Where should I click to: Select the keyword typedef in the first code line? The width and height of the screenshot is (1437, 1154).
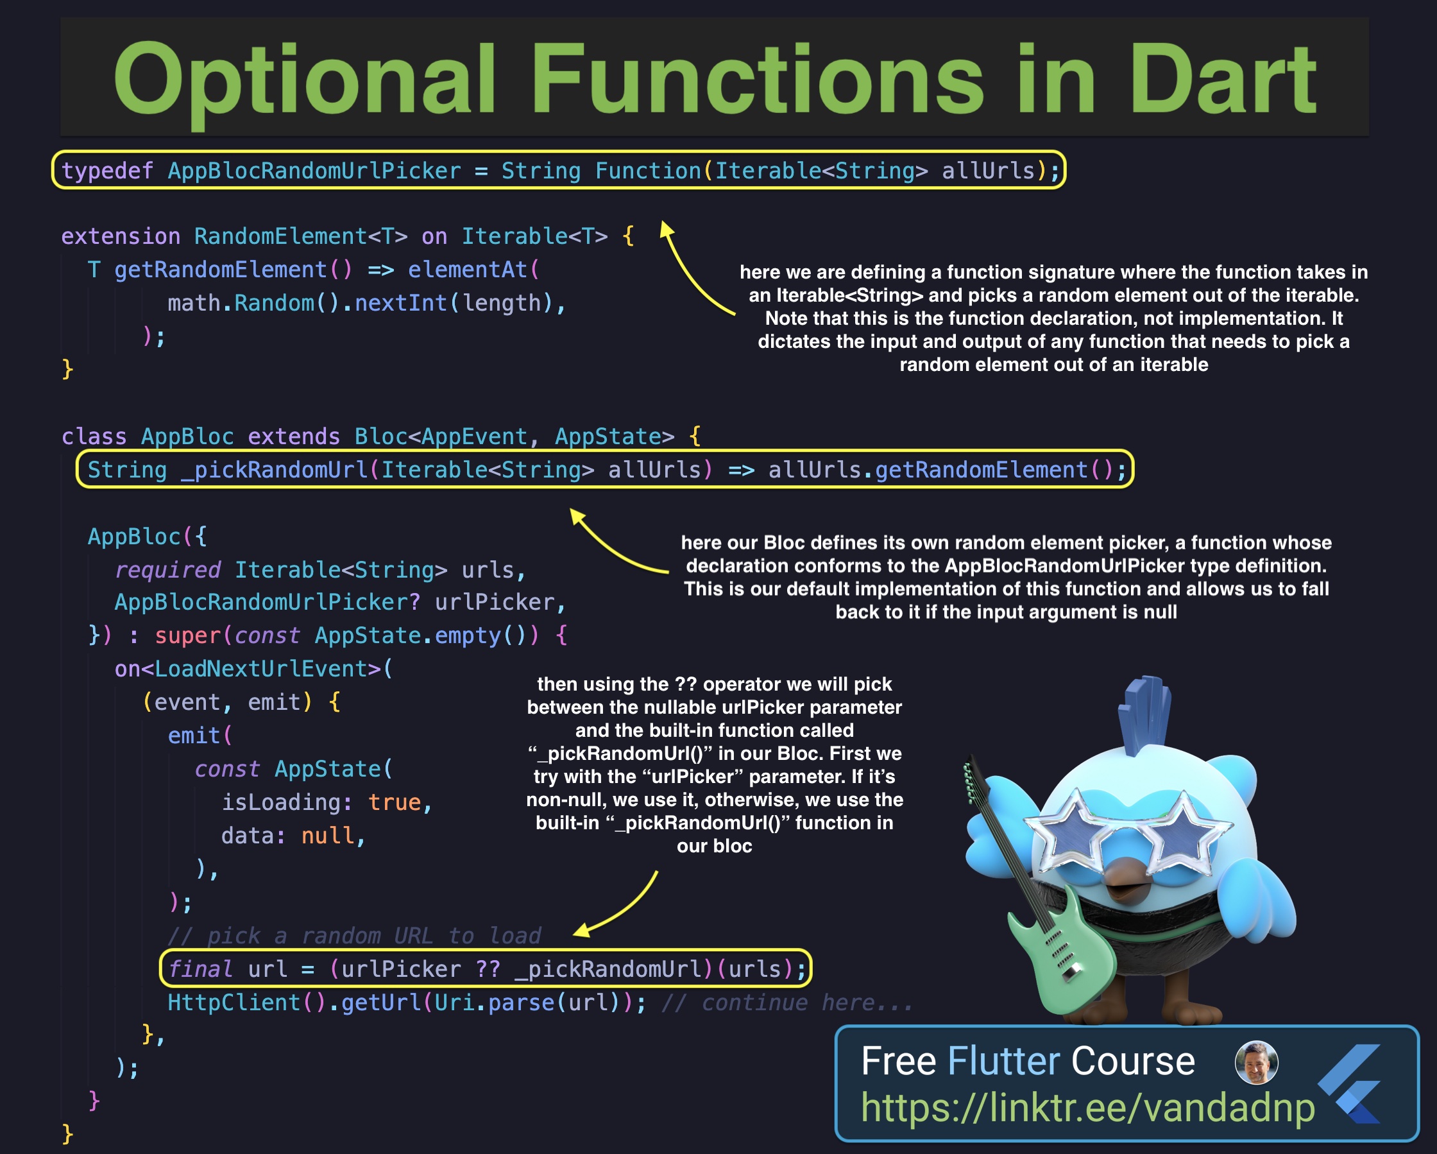coord(107,171)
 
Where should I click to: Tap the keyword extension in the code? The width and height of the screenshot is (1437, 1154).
coord(121,236)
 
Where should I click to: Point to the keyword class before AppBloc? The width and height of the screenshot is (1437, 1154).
coord(94,436)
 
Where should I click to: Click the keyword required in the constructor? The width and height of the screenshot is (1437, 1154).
coord(167,570)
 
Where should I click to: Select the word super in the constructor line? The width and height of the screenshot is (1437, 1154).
coord(187,636)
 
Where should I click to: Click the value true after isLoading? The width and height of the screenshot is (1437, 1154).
coord(394,802)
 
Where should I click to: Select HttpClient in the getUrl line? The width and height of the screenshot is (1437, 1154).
coord(234,1002)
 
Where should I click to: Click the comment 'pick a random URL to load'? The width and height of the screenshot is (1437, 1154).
coord(355,935)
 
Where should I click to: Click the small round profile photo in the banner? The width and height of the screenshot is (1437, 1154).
coord(1256,1062)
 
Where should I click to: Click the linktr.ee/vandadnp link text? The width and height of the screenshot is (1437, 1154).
coord(1088,1107)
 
